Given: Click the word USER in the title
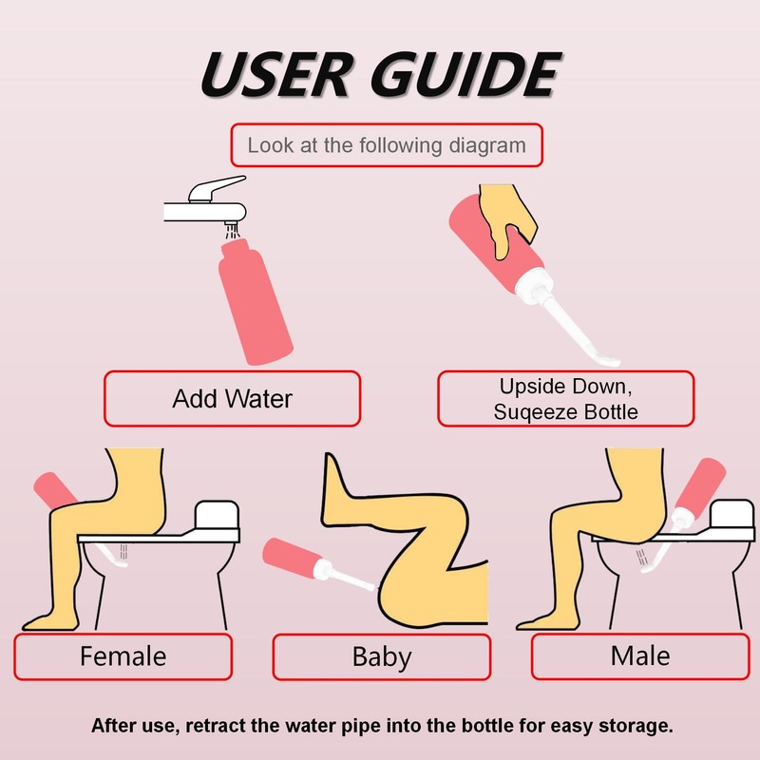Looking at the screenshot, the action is coord(275,74).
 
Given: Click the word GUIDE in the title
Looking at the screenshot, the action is coord(465,74).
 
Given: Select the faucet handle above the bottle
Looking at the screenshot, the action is coord(217,188).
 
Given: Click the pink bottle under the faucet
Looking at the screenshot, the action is coord(256,301).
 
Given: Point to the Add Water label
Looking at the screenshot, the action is coord(232,399).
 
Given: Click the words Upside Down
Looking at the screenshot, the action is coord(565,387).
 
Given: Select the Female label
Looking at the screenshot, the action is coord(123,656).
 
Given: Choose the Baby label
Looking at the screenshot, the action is coord(382,656).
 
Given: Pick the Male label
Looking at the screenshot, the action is coord(640,655).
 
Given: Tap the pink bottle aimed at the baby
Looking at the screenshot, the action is coord(292,557).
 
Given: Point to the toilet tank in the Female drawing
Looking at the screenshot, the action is coord(218,515).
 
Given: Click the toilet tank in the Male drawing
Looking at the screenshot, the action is coord(732,515).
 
